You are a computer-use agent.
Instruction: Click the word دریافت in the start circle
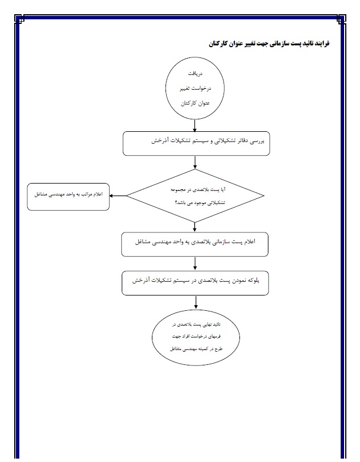tap(195, 74)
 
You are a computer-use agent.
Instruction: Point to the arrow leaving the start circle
tap(195, 126)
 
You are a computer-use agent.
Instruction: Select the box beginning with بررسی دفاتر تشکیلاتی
tap(195, 143)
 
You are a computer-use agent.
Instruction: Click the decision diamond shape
tap(195, 196)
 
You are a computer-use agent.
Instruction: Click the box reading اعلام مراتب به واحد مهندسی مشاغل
tap(68, 196)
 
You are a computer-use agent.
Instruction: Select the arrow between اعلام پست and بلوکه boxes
tap(195, 263)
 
